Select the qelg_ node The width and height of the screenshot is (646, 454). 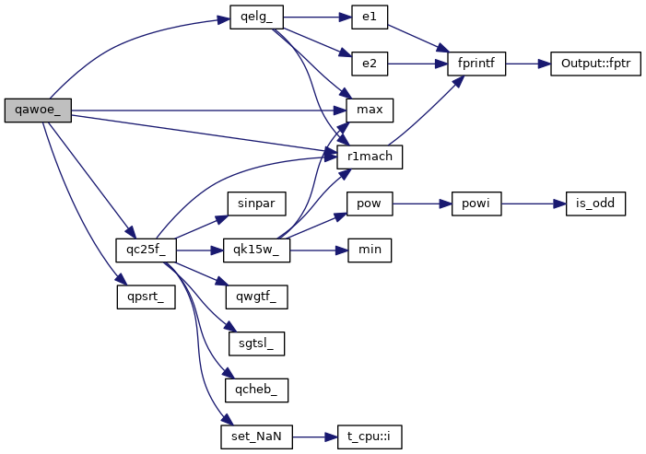(255, 17)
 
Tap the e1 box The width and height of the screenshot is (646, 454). (369, 17)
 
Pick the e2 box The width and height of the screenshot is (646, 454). (369, 64)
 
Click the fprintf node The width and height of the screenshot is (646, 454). (476, 64)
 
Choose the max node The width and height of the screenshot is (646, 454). (369, 110)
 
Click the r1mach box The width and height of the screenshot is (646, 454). (369, 157)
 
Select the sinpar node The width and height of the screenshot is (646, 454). (255, 203)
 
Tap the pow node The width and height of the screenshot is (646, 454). (369, 203)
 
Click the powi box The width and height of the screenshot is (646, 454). (476, 203)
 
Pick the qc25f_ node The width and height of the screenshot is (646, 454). (146, 250)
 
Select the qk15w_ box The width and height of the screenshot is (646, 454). (255, 250)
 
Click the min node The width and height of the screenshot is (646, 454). (369, 250)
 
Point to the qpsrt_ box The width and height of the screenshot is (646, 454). (146, 297)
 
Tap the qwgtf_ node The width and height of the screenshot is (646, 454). (255, 297)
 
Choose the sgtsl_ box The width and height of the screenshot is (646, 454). (255, 343)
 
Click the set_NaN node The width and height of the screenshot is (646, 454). (255, 436)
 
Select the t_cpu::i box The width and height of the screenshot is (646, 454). (369, 436)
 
